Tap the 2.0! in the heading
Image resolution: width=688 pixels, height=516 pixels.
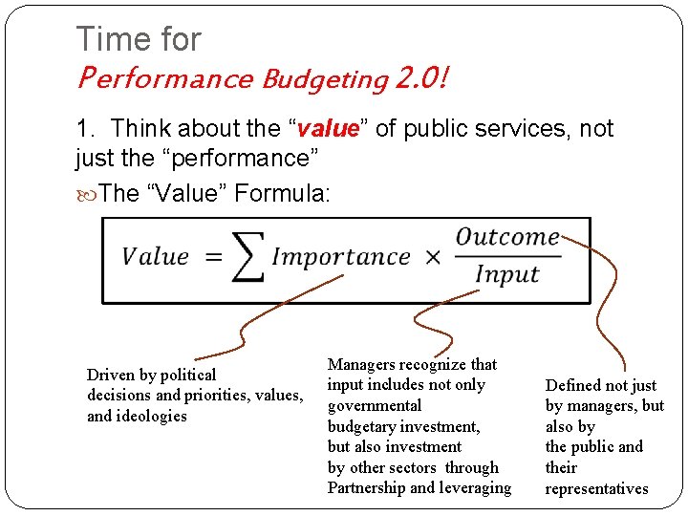[421, 77]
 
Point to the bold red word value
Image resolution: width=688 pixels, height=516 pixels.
[327, 129]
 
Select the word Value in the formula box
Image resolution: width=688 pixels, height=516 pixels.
[155, 257]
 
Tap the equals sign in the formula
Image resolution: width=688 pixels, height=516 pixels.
[212, 257]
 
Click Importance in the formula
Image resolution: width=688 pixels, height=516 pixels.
[340, 257]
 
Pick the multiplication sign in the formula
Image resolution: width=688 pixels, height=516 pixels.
[432, 258]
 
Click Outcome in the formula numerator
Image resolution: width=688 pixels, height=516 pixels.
[506, 236]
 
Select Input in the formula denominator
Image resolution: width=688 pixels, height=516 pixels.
[506, 275]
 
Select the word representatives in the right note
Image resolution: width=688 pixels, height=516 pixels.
[596, 488]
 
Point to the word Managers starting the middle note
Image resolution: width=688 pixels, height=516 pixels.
[361, 364]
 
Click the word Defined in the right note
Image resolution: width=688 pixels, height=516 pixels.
[572, 385]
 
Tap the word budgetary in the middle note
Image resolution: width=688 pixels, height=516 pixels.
[362, 426]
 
